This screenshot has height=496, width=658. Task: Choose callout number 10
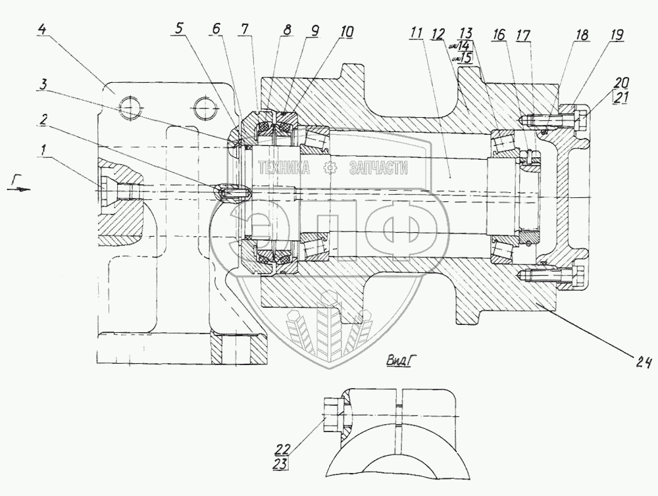(347, 30)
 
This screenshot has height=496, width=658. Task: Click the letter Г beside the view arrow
(16, 178)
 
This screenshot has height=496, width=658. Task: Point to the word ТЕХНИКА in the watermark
(284, 169)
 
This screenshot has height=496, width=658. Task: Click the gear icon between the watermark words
(327, 169)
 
